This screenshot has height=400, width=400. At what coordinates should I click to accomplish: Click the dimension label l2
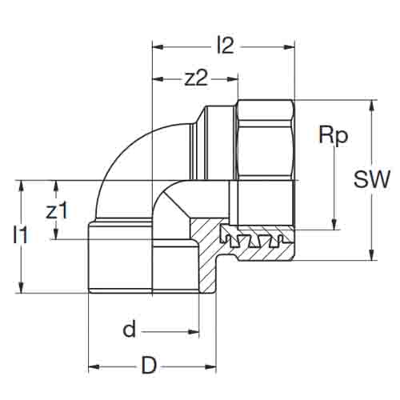coord(226,46)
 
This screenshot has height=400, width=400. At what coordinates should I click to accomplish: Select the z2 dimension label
coord(196,79)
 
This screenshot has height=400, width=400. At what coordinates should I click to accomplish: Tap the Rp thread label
coord(334,137)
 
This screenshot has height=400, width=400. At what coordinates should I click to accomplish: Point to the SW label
coord(372,178)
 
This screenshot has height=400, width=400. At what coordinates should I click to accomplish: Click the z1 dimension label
coord(57,210)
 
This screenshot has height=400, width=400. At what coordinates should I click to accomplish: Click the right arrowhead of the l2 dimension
coord(290,47)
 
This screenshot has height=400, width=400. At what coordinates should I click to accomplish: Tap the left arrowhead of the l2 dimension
coord(158,47)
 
